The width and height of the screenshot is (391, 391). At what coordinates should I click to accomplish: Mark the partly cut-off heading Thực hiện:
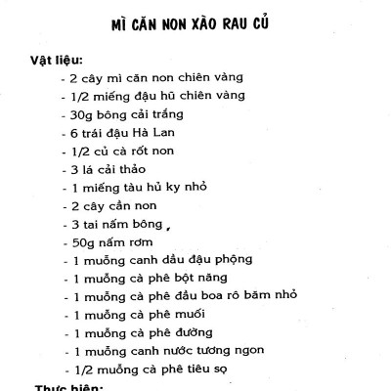click(x=69, y=387)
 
